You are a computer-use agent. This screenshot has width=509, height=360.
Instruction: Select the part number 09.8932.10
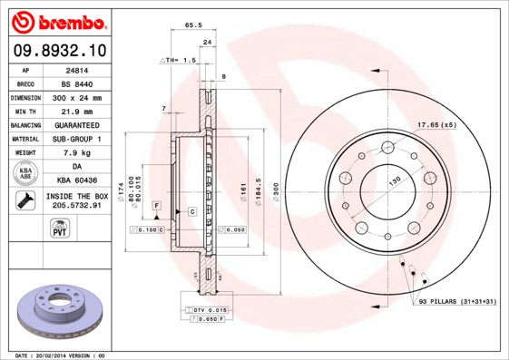[x=59, y=49]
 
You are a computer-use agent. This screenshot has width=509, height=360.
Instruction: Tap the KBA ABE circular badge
[x=26, y=174]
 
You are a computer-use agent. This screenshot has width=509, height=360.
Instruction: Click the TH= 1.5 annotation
[x=178, y=60]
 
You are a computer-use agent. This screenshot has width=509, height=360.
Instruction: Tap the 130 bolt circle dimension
[x=396, y=181]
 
